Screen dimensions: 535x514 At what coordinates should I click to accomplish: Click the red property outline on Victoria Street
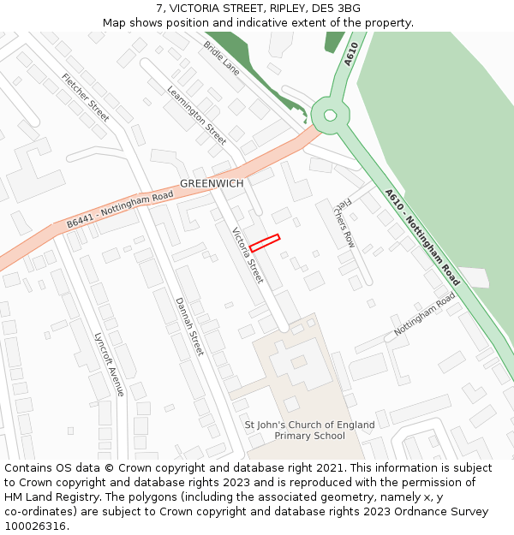coord(265,243)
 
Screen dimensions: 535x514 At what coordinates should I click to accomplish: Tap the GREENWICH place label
coord(212,184)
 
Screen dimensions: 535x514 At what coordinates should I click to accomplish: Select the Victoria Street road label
coord(248,255)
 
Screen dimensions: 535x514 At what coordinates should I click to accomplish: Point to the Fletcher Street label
coord(86,98)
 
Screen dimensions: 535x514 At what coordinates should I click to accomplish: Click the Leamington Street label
coord(197,115)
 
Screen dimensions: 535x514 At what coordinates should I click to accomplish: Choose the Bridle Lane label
coord(221,57)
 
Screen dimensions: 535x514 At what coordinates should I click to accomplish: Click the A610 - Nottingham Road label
coord(421,237)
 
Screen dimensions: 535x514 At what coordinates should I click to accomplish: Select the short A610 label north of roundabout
coord(350,54)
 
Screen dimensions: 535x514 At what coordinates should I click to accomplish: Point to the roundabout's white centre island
coord(330,116)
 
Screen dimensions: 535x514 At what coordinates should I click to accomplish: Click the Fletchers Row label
coord(344,223)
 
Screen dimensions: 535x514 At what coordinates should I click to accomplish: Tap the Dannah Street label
coord(189,326)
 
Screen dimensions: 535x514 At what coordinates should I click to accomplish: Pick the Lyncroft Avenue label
coord(110,364)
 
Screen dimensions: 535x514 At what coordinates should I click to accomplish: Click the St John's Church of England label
coord(309,425)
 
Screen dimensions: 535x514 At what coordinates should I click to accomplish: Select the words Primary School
coord(309,436)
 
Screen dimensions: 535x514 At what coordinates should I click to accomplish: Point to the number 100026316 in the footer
coord(35,526)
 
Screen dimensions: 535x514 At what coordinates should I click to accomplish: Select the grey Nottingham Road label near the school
coord(425,313)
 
